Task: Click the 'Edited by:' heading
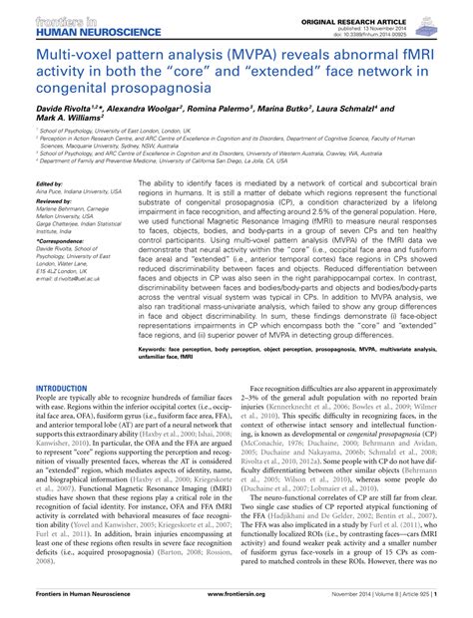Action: [x=50, y=184]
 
